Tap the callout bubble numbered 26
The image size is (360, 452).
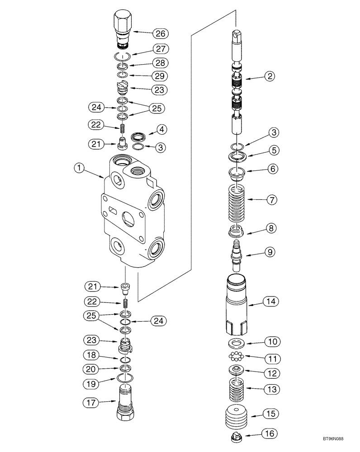161,33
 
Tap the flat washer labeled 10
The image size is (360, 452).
237,342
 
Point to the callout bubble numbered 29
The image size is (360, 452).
161,76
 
